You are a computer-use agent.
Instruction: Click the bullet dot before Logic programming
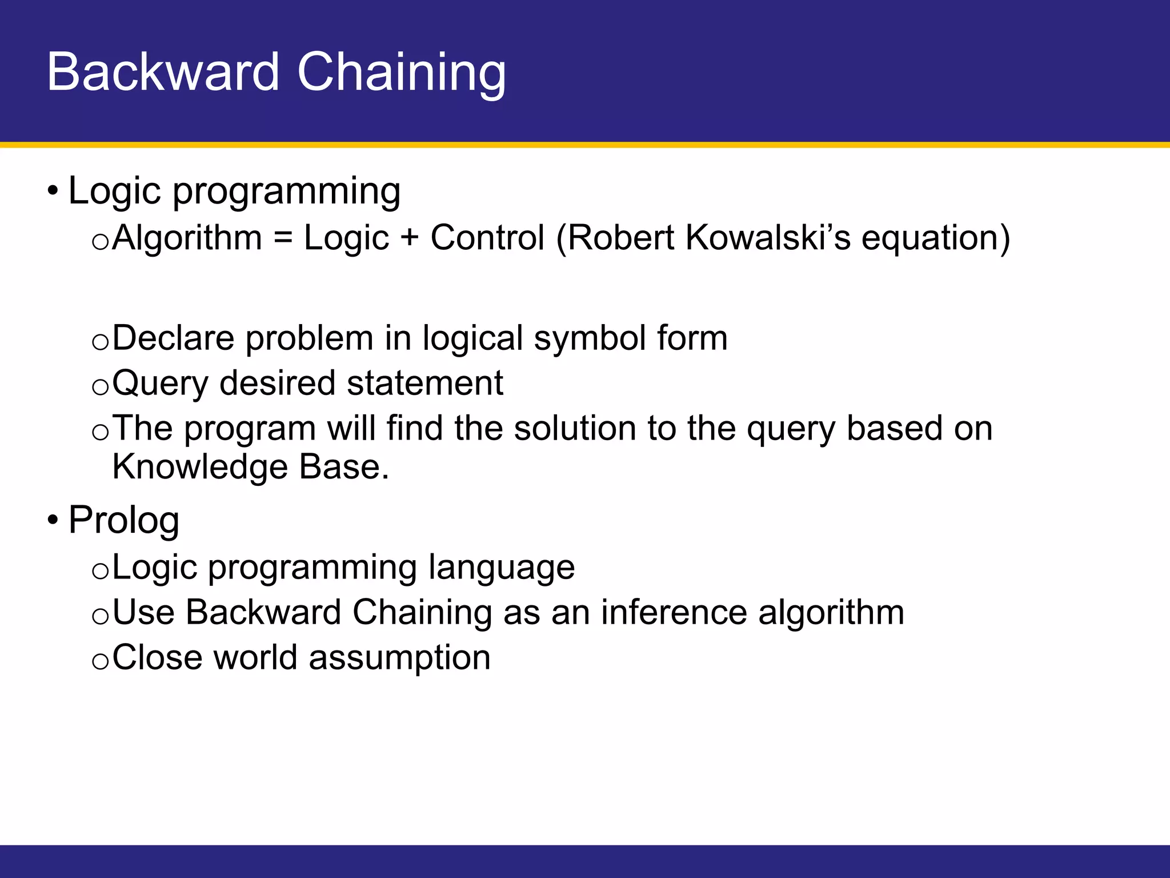click(53, 190)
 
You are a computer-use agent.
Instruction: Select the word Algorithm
click(187, 237)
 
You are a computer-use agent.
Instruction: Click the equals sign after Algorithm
click(283, 237)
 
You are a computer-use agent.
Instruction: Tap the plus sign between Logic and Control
click(409, 237)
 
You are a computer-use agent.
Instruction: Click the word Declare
click(173, 338)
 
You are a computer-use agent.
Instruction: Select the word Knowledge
click(199, 467)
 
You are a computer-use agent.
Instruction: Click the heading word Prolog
click(124, 520)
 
